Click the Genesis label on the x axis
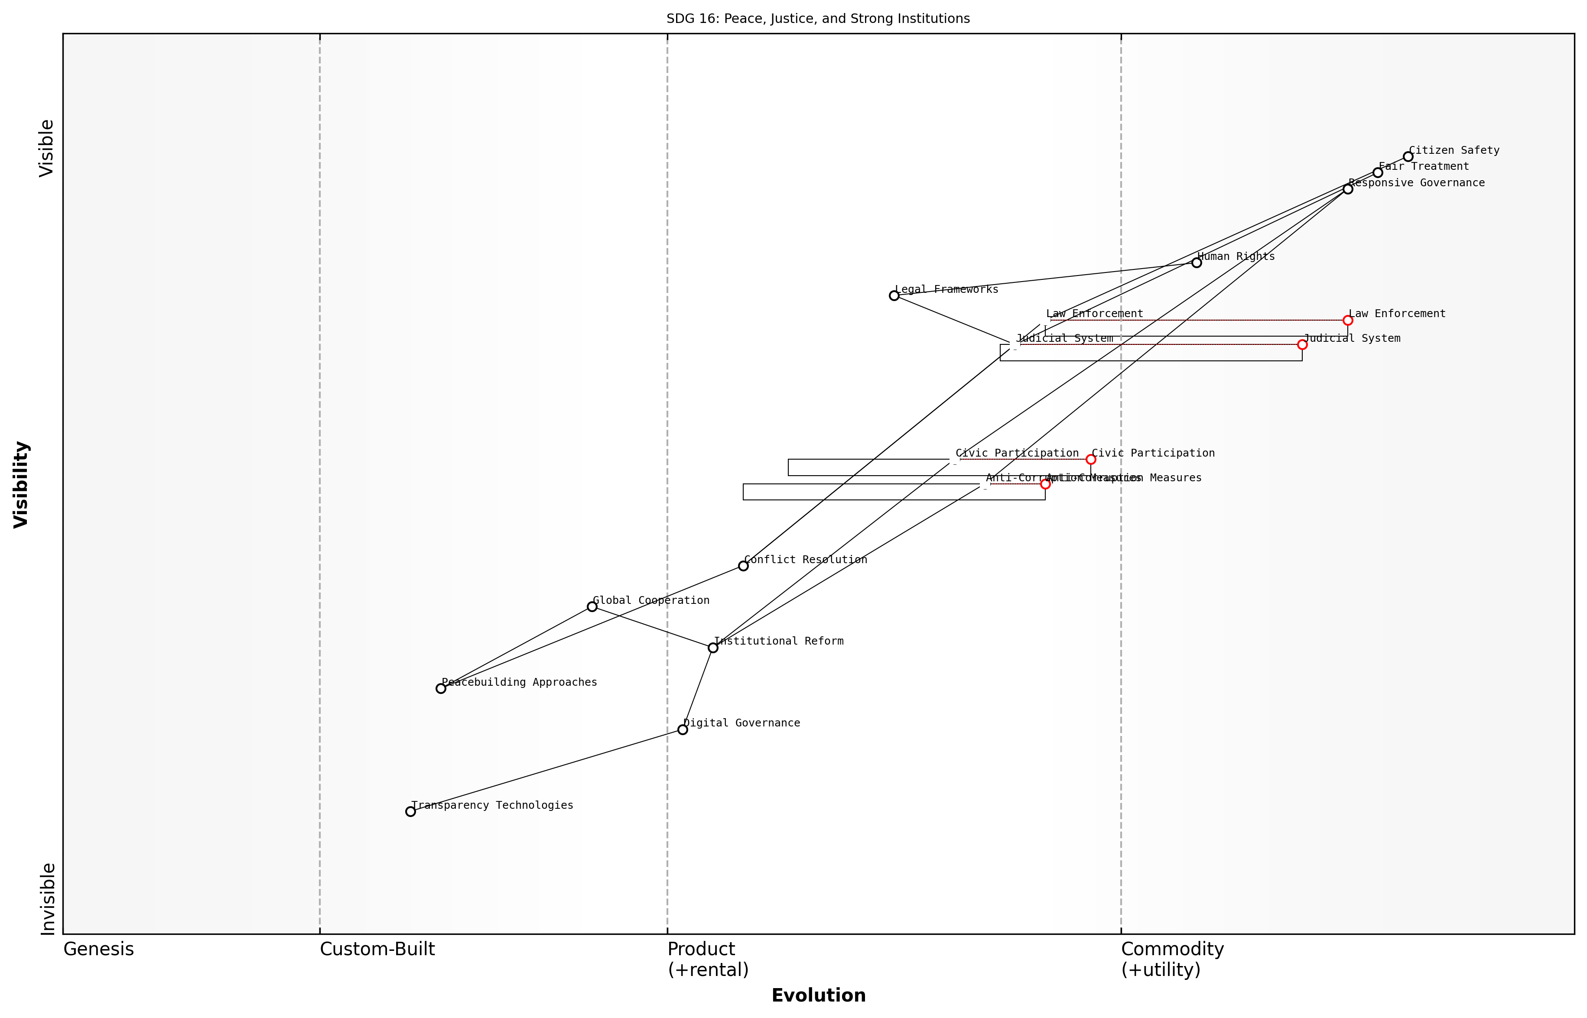[98, 949]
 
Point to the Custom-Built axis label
[377, 949]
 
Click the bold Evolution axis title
[818, 995]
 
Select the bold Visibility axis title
[21, 484]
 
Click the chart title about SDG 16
[818, 19]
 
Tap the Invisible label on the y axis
[48, 899]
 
